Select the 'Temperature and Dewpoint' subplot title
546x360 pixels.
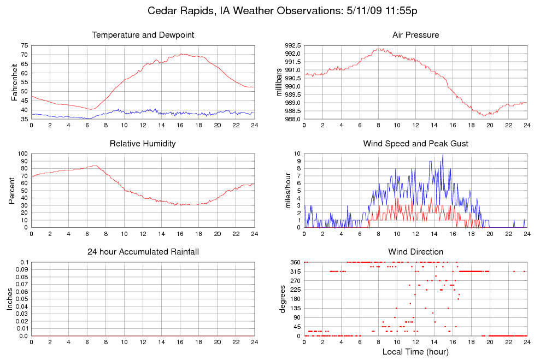coord(143,35)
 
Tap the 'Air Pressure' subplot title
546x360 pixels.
coord(415,35)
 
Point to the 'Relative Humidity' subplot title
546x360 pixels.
coord(143,144)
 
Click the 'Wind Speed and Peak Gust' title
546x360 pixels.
coord(415,144)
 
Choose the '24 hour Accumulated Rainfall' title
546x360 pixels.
coord(143,252)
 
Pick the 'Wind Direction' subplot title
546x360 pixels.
coord(415,252)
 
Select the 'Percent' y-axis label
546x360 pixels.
coord(11,190)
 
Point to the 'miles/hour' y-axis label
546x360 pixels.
coord(287,190)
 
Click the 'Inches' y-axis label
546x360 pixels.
coord(10,299)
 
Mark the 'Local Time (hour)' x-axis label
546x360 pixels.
coord(415,352)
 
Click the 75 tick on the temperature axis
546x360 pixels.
coord(25,46)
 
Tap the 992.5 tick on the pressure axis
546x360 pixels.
coord(292,46)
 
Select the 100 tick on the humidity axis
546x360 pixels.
coord(22,154)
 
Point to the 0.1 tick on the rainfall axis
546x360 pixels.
coord(24,263)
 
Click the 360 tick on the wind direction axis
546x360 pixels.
coord(295,263)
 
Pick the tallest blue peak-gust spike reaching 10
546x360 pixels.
coord(443,155)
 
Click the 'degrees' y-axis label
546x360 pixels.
coord(283,299)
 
